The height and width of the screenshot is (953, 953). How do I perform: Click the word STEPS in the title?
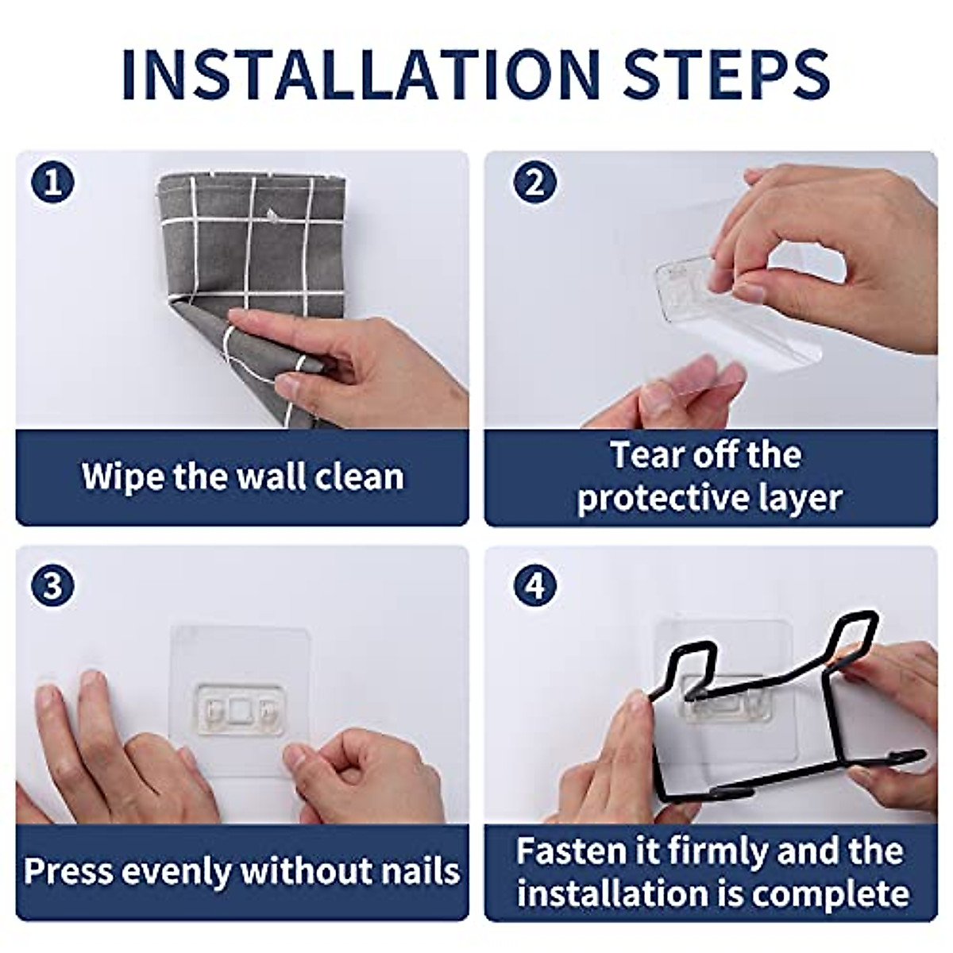tap(727, 75)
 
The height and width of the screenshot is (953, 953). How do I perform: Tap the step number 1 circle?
tap(53, 182)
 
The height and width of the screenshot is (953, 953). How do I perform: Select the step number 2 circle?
tap(534, 182)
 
